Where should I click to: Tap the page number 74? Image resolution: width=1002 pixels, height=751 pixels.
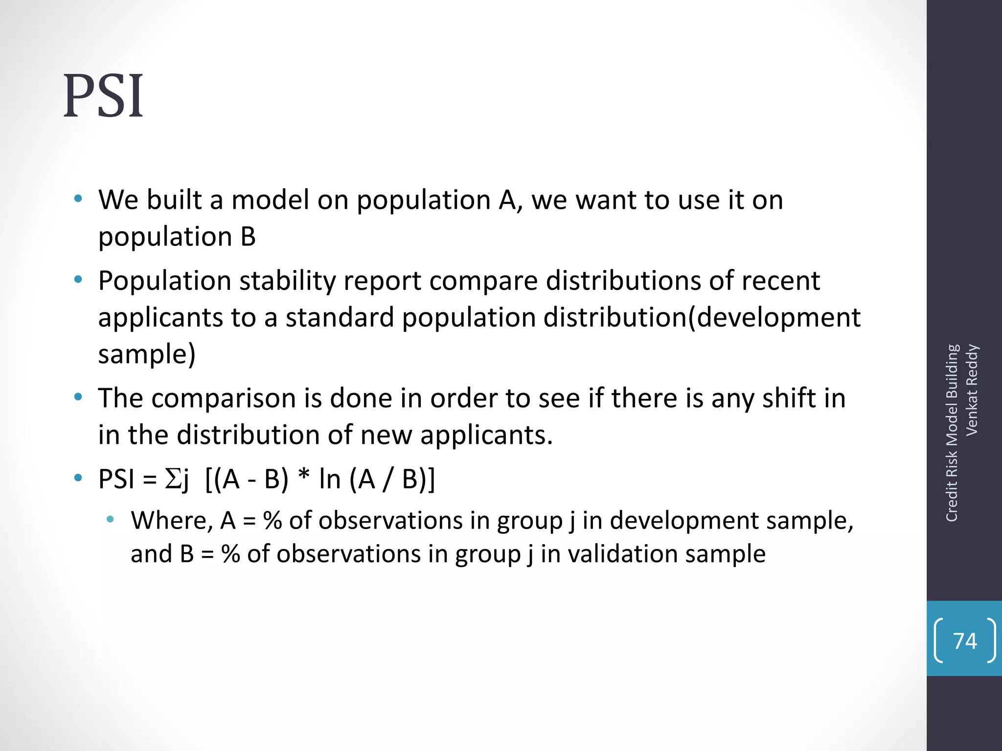pos(965,641)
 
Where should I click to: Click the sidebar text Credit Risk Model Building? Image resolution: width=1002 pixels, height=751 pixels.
pos(952,433)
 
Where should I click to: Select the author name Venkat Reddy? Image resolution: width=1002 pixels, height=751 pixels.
pos(972,390)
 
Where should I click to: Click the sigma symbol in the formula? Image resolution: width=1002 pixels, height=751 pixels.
pos(173,479)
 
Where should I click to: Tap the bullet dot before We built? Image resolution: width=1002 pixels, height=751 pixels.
pos(78,199)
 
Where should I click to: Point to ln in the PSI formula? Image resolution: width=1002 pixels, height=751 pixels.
pos(329,479)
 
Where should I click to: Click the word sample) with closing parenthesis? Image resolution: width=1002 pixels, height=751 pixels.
pos(147,354)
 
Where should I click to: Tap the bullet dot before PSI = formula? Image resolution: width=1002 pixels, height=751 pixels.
pos(78,478)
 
